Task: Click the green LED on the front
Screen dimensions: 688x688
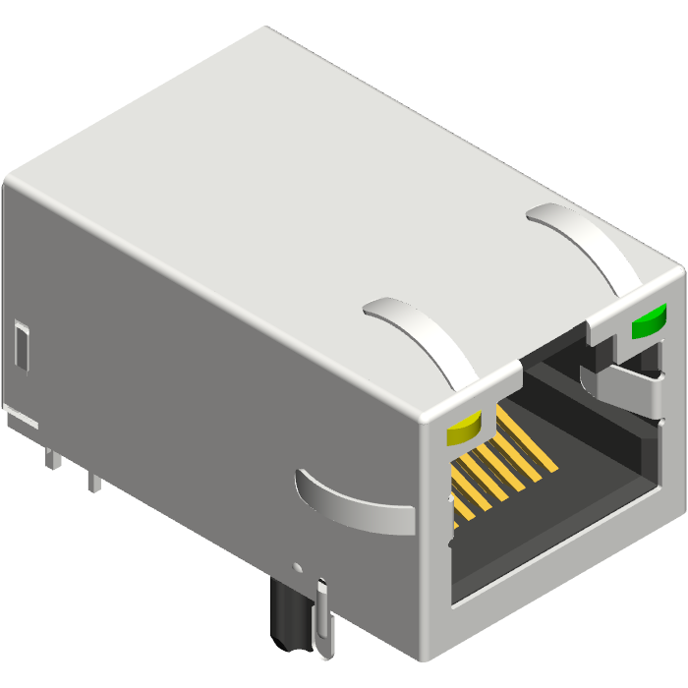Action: click(649, 320)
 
